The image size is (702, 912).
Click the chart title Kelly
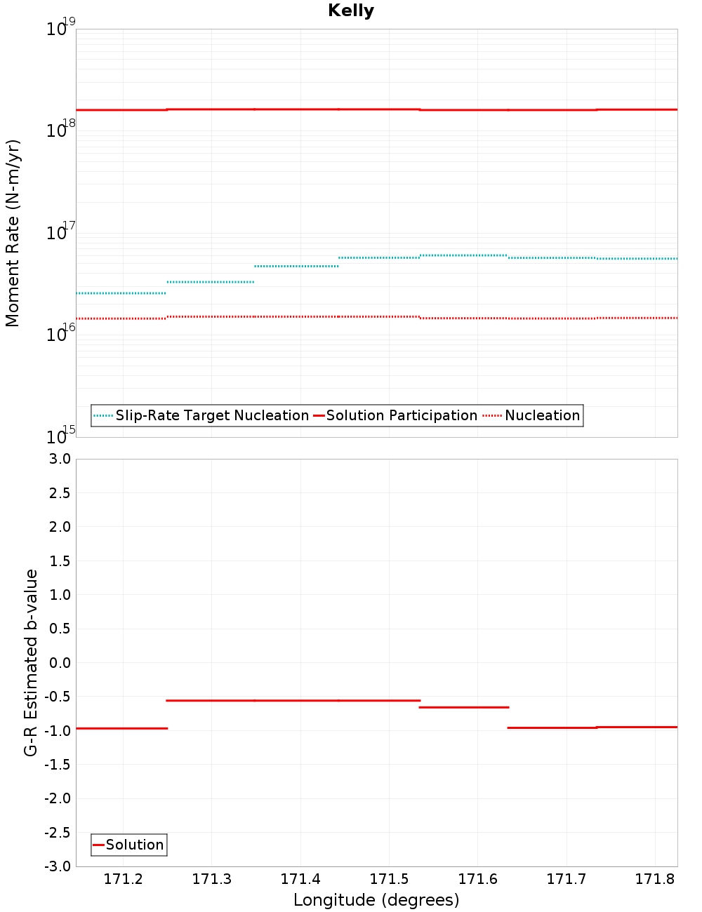point(351,11)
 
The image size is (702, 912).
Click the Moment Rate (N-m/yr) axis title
point(13,233)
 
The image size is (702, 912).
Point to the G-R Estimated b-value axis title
point(31,662)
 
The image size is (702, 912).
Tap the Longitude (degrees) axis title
point(376,900)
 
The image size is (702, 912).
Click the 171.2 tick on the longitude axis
point(123,880)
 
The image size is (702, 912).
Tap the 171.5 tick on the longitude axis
point(389,880)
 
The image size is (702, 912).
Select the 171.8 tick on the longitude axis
point(654,880)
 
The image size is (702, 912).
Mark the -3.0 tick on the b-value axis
point(58,866)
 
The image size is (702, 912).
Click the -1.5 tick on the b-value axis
point(58,765)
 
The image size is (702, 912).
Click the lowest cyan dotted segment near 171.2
point(121,293)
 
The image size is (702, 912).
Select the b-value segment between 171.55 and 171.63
point(463,707)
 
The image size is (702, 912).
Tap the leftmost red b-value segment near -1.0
point(121,728)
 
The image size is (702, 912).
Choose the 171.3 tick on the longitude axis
point(211,880)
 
